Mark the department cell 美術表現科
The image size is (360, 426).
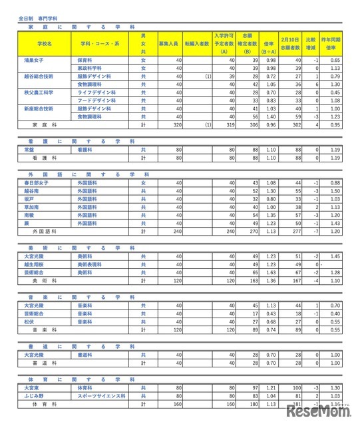89,264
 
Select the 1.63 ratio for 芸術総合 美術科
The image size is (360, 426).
271,272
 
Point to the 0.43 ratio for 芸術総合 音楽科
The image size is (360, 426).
271,313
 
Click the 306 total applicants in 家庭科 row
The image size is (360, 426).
252,124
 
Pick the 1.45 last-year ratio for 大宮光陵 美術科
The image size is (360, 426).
335,256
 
